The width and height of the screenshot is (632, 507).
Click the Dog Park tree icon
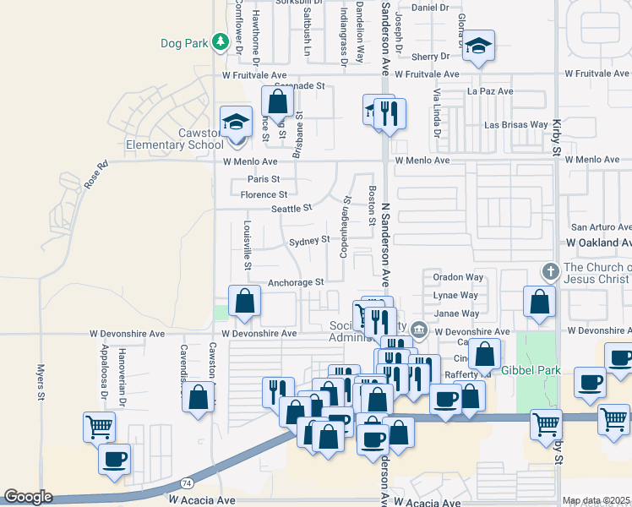coord(220,41)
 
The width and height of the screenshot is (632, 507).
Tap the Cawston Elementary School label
coord(175,139)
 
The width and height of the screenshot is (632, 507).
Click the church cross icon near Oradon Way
coord(550,272)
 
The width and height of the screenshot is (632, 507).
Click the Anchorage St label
coord(296,282)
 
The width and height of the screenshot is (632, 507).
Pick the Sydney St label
coord(309,241)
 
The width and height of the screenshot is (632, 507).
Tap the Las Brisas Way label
coord(515,124)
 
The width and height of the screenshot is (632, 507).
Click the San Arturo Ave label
coord(601,227)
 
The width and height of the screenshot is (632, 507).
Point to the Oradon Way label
coord(458,276)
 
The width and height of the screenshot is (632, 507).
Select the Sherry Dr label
coord(431,57)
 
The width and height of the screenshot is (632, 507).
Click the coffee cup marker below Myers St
coord(115,460)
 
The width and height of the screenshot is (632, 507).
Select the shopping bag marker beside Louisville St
coord(244,302)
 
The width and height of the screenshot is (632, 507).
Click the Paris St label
coord(263,179)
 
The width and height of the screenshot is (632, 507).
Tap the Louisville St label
coord(248,246)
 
